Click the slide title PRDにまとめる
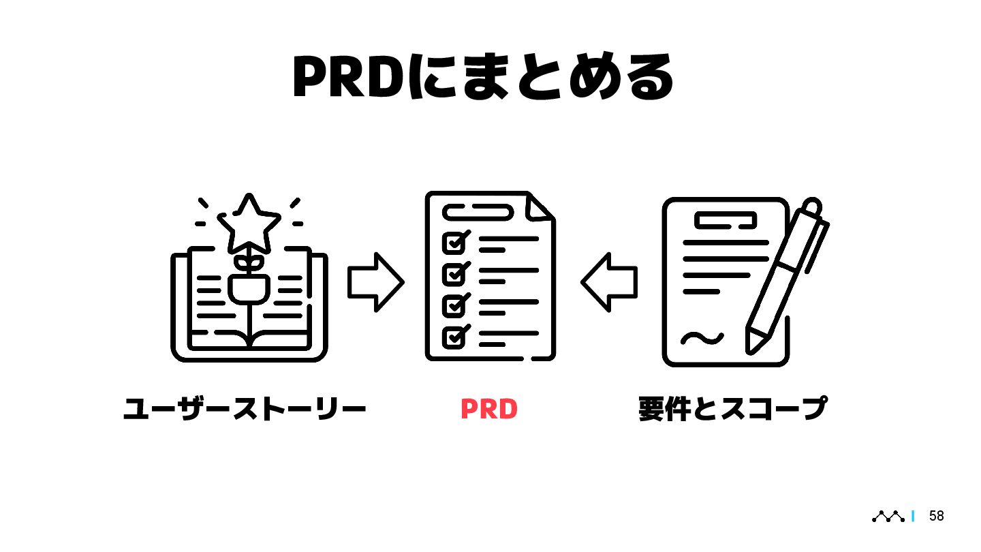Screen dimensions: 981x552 482,77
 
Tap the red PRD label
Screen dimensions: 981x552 489,409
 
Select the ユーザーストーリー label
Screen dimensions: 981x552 245,409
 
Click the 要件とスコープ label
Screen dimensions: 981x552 732,409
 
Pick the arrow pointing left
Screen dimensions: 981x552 608,282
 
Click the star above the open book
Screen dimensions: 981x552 249,221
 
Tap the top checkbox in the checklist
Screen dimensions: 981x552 454,242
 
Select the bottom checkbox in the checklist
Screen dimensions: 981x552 454,337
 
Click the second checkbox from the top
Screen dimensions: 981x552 454,273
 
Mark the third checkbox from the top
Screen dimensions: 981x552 454,305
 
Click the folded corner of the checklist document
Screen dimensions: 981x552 540,207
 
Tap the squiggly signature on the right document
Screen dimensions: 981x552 702,337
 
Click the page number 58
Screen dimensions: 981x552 937,517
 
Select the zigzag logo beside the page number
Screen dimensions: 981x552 888,517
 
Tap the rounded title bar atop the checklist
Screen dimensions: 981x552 477,213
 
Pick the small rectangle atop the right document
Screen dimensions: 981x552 726,220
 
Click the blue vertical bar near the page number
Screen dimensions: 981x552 913,517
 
